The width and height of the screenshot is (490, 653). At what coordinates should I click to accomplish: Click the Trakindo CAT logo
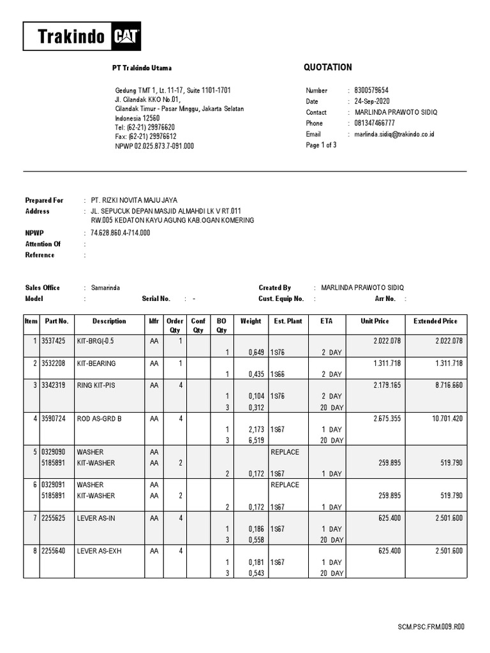tap(82, 36)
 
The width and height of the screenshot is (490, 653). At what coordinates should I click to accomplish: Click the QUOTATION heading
tap(329, 68)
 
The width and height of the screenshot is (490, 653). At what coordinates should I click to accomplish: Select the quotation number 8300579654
tap(371, 91)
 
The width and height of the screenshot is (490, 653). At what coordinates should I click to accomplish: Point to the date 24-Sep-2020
tap(372, 101)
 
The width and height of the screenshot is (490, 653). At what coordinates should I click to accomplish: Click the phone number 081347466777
tap(375, 123)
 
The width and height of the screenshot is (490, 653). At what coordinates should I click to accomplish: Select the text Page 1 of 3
tap(322, 145)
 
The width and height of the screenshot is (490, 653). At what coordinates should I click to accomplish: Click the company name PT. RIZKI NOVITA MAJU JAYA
tap(134, 200)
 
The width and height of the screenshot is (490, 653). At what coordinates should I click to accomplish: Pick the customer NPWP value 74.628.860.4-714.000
tap(121, 233)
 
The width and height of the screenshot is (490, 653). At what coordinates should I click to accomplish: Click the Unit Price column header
tap(374, 321)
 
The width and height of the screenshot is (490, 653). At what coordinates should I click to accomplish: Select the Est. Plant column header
tap(288, 321)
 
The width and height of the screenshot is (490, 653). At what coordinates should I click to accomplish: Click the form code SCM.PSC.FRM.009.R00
tap(430, 627)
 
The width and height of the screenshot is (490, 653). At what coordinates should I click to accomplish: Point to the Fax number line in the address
tap(145, 136)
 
